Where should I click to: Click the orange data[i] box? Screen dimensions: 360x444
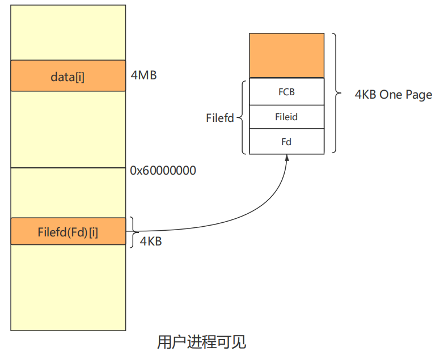tap(68, 76)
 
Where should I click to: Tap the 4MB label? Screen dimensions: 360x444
tap(143, 75)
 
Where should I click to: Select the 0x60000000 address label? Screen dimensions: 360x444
tap(163, 170)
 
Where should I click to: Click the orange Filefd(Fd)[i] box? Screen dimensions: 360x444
tap(68, 232)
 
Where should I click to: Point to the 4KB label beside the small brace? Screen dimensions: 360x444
tap(151, 242)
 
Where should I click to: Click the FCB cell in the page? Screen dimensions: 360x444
tap(286, 92)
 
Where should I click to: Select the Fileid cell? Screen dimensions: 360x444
tap(286, 117)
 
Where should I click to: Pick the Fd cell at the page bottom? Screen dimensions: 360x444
tap(286, 142)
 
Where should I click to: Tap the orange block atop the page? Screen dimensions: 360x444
tap(286, 55)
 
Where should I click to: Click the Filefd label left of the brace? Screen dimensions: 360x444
tap(220, 118)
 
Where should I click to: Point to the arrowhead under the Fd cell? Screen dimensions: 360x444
tap(287, 158)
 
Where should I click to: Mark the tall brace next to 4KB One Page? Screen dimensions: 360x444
tap(335, 93)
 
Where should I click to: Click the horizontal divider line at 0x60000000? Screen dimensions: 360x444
tap(68, 168)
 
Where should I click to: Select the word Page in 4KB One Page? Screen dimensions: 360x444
tap(420, 95)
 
